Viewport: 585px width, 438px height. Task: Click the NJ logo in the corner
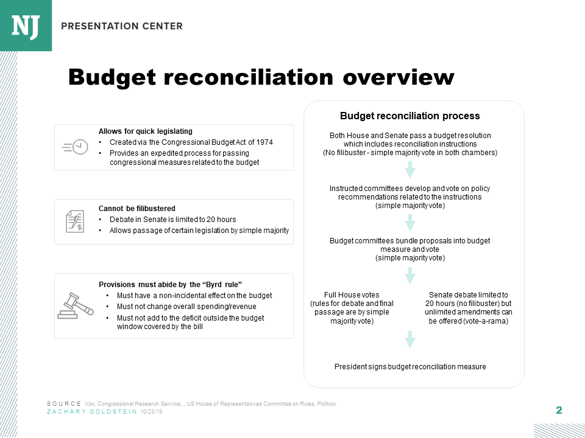tap(26, 25)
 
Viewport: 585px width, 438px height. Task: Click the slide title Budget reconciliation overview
tap(261, 78)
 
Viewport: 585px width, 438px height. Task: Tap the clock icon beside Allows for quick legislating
tap(75, 147)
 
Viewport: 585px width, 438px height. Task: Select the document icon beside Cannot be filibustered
tap(75, 221)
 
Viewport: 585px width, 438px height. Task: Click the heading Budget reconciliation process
tap(409, 116)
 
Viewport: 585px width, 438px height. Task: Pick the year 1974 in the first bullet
tap(264, 142)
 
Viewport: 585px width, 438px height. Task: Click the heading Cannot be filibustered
tap(136, 208)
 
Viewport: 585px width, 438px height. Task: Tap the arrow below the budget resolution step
tap(410, 170)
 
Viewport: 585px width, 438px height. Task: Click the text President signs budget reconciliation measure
tap(410, 367)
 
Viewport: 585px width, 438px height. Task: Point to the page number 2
tap(559, 410)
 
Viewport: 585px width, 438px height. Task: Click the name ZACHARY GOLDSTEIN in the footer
tap(92, 412)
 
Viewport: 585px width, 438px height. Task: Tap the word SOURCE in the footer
tap(63, 404)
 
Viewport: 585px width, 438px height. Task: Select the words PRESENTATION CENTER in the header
tap(122, 26)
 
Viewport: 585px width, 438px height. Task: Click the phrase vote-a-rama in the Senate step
tap(485, 321)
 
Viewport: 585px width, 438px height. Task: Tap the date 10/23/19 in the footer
tap(151, 412)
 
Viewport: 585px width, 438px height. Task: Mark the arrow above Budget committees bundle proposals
tap(410, 223)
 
